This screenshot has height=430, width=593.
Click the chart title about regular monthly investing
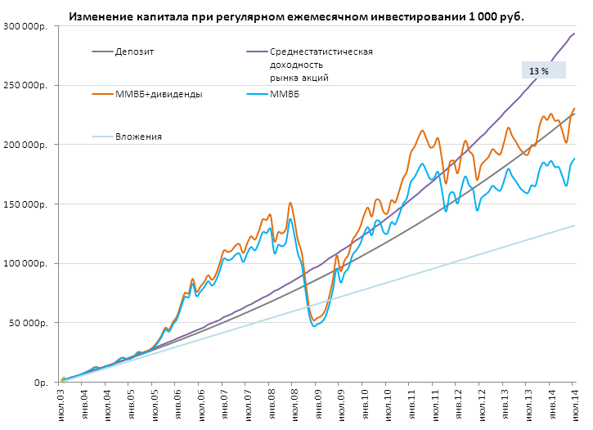click(x=295, y=16)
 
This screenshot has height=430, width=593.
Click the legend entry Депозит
click(x=136, y=52)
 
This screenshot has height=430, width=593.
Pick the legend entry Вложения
click(x=138, y=137)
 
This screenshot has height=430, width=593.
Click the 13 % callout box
click(x=544, y=70)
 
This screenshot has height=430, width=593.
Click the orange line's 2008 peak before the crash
click(x=290, y=203)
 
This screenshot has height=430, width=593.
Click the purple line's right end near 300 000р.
click(x=574, y=34)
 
